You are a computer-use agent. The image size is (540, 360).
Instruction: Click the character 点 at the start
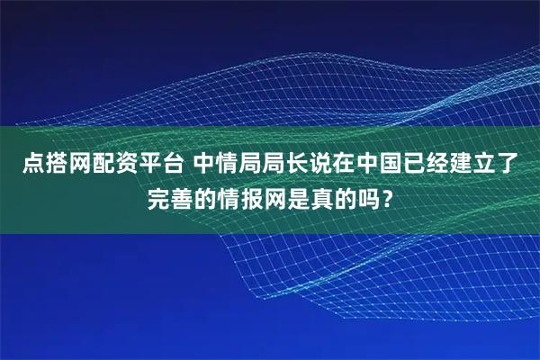pyautogui.click(x=33, y=165)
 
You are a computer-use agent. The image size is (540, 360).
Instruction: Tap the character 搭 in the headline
pyautogui.click(x=57, y=165)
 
